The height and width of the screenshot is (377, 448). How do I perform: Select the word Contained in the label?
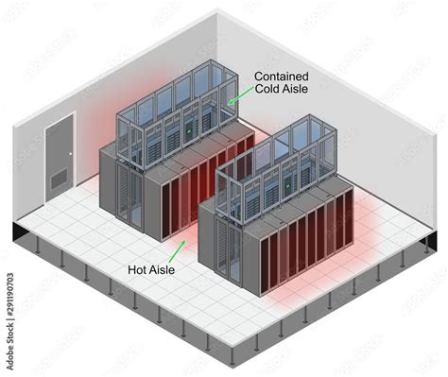tap(281, 75)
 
